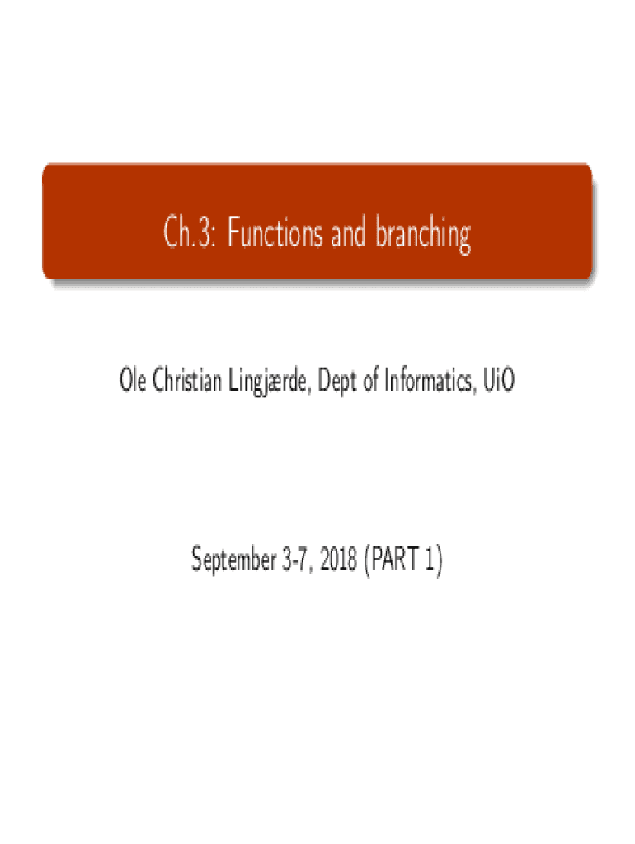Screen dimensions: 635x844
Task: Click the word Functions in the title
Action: point(275,232)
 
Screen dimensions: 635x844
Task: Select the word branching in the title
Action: point(423,234)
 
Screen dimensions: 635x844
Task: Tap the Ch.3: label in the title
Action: point(190,232)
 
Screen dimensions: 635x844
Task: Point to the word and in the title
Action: point(348,232)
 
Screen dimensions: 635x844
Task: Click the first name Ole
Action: point(133,379)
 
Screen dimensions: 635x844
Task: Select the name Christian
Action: point(187,379)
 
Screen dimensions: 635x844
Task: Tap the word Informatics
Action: point(430,380)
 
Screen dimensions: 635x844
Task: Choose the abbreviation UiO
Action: point(499,379)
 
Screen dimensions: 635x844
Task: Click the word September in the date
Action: point(233,560)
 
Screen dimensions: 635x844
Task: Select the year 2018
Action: point(338,559)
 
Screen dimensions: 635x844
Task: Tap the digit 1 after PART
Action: point(430,559)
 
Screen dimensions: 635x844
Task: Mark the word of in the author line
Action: point(370,379)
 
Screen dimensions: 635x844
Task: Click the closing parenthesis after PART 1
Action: point(440,560)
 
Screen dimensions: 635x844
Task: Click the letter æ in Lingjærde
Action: point(276,383)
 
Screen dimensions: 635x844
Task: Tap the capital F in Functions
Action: point(233,232)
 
